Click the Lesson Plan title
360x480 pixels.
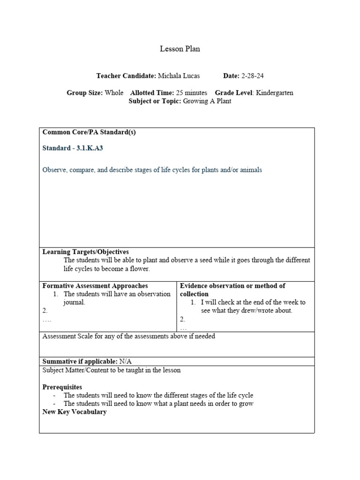(180, 49)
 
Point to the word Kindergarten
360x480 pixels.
(275, 93)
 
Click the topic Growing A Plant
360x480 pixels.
(207, 101)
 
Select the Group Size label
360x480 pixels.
(84, 93)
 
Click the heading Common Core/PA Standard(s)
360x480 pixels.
(89, 132)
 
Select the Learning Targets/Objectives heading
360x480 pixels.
(86, 252)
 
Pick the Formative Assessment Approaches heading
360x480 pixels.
(95, 286)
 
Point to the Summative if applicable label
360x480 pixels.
(80, 361)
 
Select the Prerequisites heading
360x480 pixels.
(62, 387)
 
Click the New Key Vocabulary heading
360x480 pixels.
(75, 412)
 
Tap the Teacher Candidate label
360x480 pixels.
(126, 75)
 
